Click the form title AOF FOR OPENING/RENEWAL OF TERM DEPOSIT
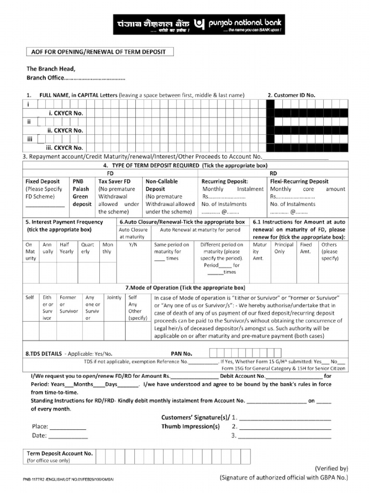point(99,52)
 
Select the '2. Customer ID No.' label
point(291,95)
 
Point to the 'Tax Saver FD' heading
point(114,182)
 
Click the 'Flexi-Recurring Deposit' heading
point(299,182)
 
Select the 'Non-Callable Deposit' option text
point(161,185)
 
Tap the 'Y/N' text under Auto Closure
point(133,245)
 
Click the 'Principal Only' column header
point(284,248)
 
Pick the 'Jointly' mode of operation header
point(114,298)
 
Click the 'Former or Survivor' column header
point(68,304)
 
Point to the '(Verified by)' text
point(331,468)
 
